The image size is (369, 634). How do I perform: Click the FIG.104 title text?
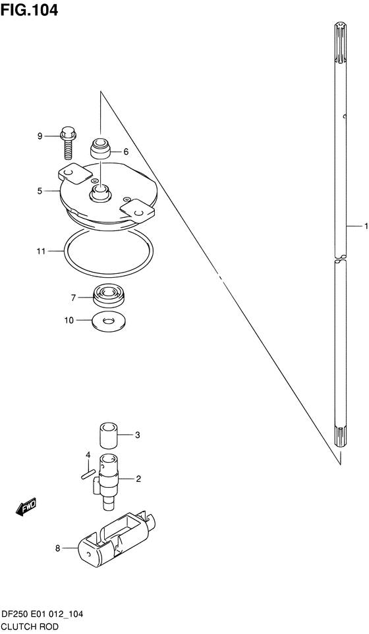click(30, 10)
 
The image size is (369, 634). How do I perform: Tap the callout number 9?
click(40, 136)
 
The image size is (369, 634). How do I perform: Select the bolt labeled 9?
click(68, 143)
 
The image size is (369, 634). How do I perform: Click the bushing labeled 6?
click(100, 149)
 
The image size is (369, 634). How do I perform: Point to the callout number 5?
click(40, 191)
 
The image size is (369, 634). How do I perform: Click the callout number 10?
click(69, 321)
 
